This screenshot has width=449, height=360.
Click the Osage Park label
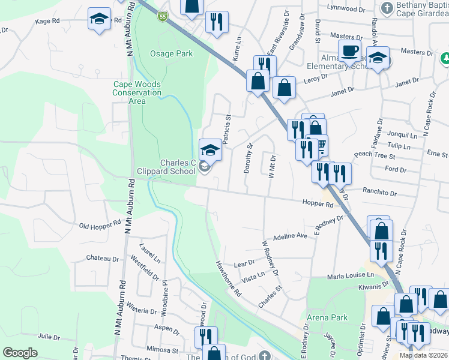pos(171,53)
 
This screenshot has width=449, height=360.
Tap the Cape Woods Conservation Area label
pos(137,92)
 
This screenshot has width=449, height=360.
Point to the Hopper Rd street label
pos(318,204)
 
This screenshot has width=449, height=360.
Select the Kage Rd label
pos(47,20)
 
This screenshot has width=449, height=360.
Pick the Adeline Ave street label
pos(290,236)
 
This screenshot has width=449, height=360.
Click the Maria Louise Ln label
pos(350,276)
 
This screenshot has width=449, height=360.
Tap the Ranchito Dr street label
pos(380,193)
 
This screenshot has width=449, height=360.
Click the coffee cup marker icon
pos(349,51)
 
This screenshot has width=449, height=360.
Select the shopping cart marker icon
pos(319,145)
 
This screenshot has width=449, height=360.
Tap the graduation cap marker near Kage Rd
pos(98,19)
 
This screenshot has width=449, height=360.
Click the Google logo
pos(20,353)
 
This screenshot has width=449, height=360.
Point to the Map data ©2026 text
pos(423,355)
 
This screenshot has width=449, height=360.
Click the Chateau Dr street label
pos(103,259)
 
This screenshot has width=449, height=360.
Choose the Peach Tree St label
pos(374,155)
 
